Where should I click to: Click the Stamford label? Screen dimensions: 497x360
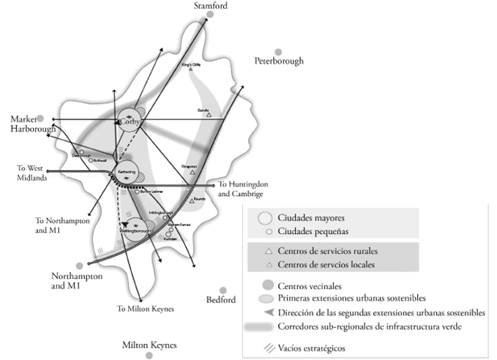point(210,6)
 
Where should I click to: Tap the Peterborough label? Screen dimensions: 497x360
point(278,61)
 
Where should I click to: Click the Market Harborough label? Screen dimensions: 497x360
point(32,124)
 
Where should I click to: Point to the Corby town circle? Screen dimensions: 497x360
point(129,122)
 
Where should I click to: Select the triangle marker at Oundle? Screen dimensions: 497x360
point(208,115)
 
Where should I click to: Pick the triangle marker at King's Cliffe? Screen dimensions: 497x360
point(190,70)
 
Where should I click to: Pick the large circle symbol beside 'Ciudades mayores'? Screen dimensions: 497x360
point(266,218)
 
